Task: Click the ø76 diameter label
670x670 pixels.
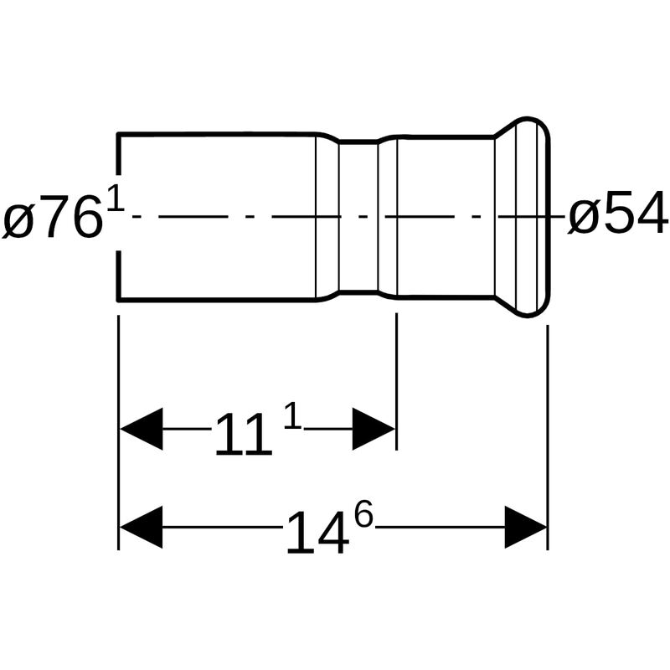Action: click(53, 216)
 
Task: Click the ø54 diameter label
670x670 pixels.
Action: click(618, 214)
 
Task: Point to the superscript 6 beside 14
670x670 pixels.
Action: click(364, 514)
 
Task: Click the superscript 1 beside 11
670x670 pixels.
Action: click(292, 415)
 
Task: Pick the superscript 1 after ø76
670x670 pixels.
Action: click(116, 197)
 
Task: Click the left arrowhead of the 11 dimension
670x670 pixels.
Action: click(141, 429)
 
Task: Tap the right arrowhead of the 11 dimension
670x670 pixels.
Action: click(374, 429)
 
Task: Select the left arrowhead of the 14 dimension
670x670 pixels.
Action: click(141, 528)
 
